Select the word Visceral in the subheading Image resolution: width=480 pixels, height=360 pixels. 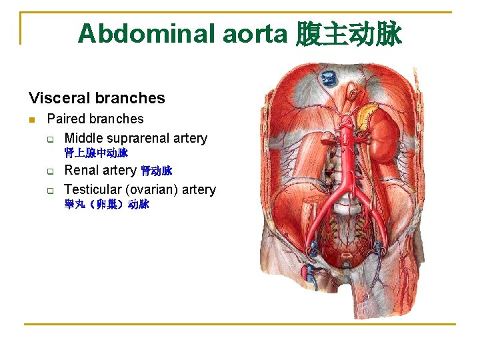58,98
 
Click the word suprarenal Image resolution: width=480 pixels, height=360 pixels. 141,138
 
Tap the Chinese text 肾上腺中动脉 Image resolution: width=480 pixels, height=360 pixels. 96,153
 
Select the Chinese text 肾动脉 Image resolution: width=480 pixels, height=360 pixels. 157,171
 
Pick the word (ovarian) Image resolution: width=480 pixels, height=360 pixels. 155,189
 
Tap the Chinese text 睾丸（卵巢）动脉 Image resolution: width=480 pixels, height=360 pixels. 107,205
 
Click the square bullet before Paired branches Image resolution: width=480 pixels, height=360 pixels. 32,120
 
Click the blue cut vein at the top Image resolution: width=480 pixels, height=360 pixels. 329,79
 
